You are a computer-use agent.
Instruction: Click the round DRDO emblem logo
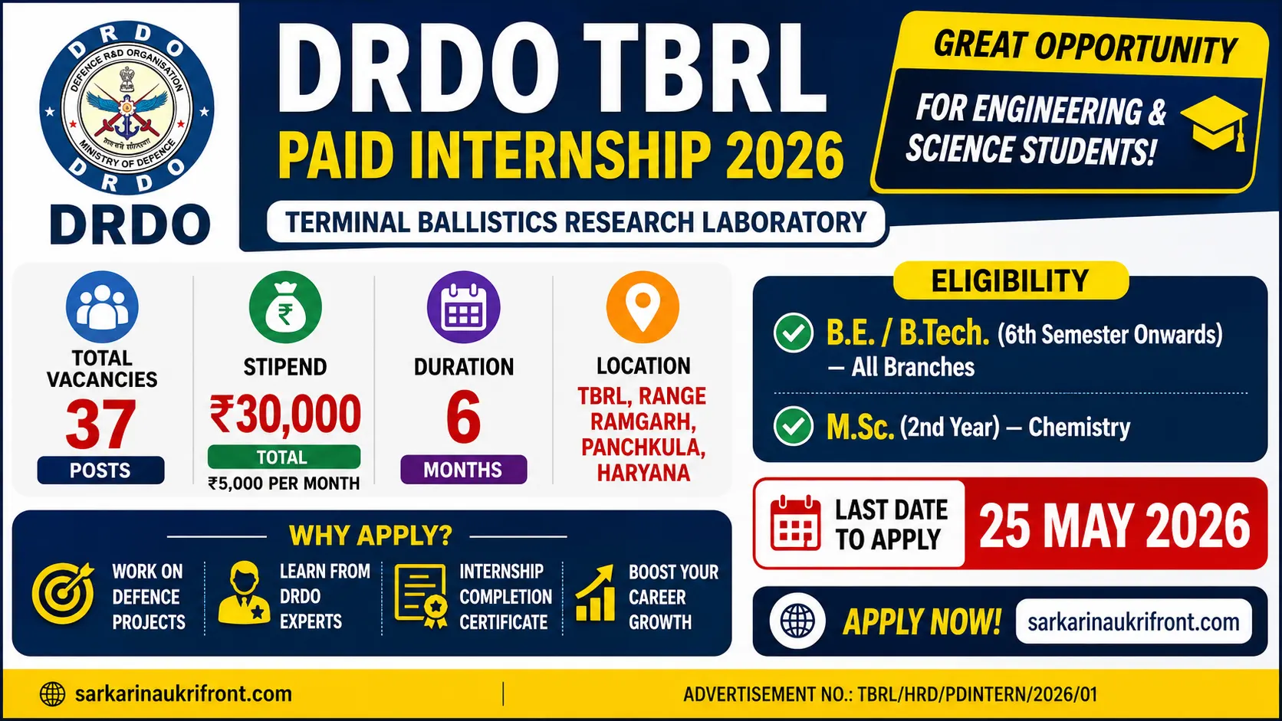(127, 107)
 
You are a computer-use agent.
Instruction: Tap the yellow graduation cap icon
(1215, 123)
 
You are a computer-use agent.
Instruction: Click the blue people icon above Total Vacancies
(102, 307)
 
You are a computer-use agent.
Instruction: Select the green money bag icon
(285, 307)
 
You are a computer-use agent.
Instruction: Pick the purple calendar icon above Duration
(464, 307)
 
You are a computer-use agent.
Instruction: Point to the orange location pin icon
(643, 307)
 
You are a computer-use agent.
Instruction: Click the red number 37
(100, 424)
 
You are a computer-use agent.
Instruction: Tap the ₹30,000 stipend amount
(285, 414)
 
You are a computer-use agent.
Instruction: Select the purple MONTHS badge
(464, 470)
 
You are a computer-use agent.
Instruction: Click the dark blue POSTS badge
(100, 470)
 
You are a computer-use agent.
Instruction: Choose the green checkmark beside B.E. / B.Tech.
(794, 333)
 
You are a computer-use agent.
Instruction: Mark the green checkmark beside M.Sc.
(794, 426)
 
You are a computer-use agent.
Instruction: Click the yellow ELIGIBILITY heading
(1011, 280)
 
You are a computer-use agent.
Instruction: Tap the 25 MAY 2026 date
(1115, 526)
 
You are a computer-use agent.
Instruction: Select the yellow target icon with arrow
(63, 593)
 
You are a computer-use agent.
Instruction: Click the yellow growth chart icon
(595, 593)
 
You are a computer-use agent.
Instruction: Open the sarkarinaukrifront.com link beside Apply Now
(1133, 621)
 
